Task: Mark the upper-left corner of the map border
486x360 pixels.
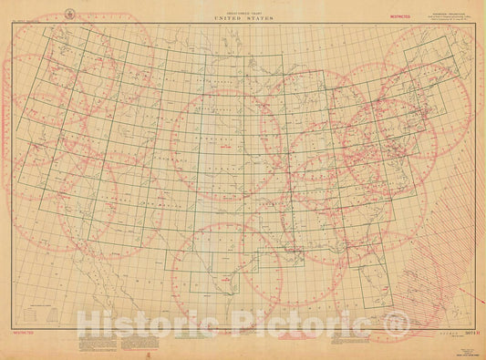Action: pos(13,23)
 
